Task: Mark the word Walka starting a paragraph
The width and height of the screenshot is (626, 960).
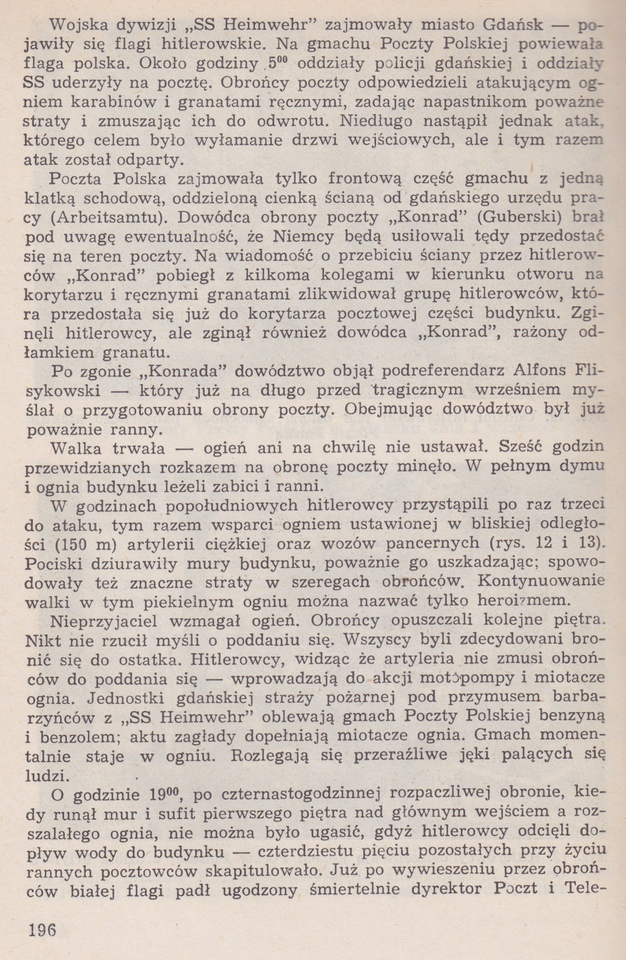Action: [78, 448]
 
